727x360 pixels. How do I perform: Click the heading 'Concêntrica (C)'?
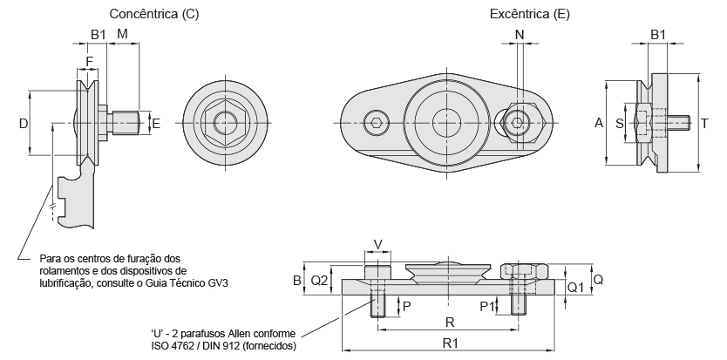(153, 14)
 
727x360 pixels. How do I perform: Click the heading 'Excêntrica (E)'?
(532, 14)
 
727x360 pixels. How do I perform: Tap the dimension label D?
(23, 124)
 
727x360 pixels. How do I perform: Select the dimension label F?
(89, 62)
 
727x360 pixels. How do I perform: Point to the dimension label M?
(122, 33)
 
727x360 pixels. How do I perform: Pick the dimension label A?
(599, 124)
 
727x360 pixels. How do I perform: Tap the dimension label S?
(620, 124)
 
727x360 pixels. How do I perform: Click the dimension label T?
(703, 124)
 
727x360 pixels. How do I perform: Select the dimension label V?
(377, 245)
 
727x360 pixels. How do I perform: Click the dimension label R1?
(451, 343)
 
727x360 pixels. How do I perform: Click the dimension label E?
(157, 124)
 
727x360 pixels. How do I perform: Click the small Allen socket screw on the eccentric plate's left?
(375, 123)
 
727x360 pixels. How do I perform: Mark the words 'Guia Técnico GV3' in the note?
(188, 283)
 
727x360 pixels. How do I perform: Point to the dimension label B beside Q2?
(296, 281)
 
